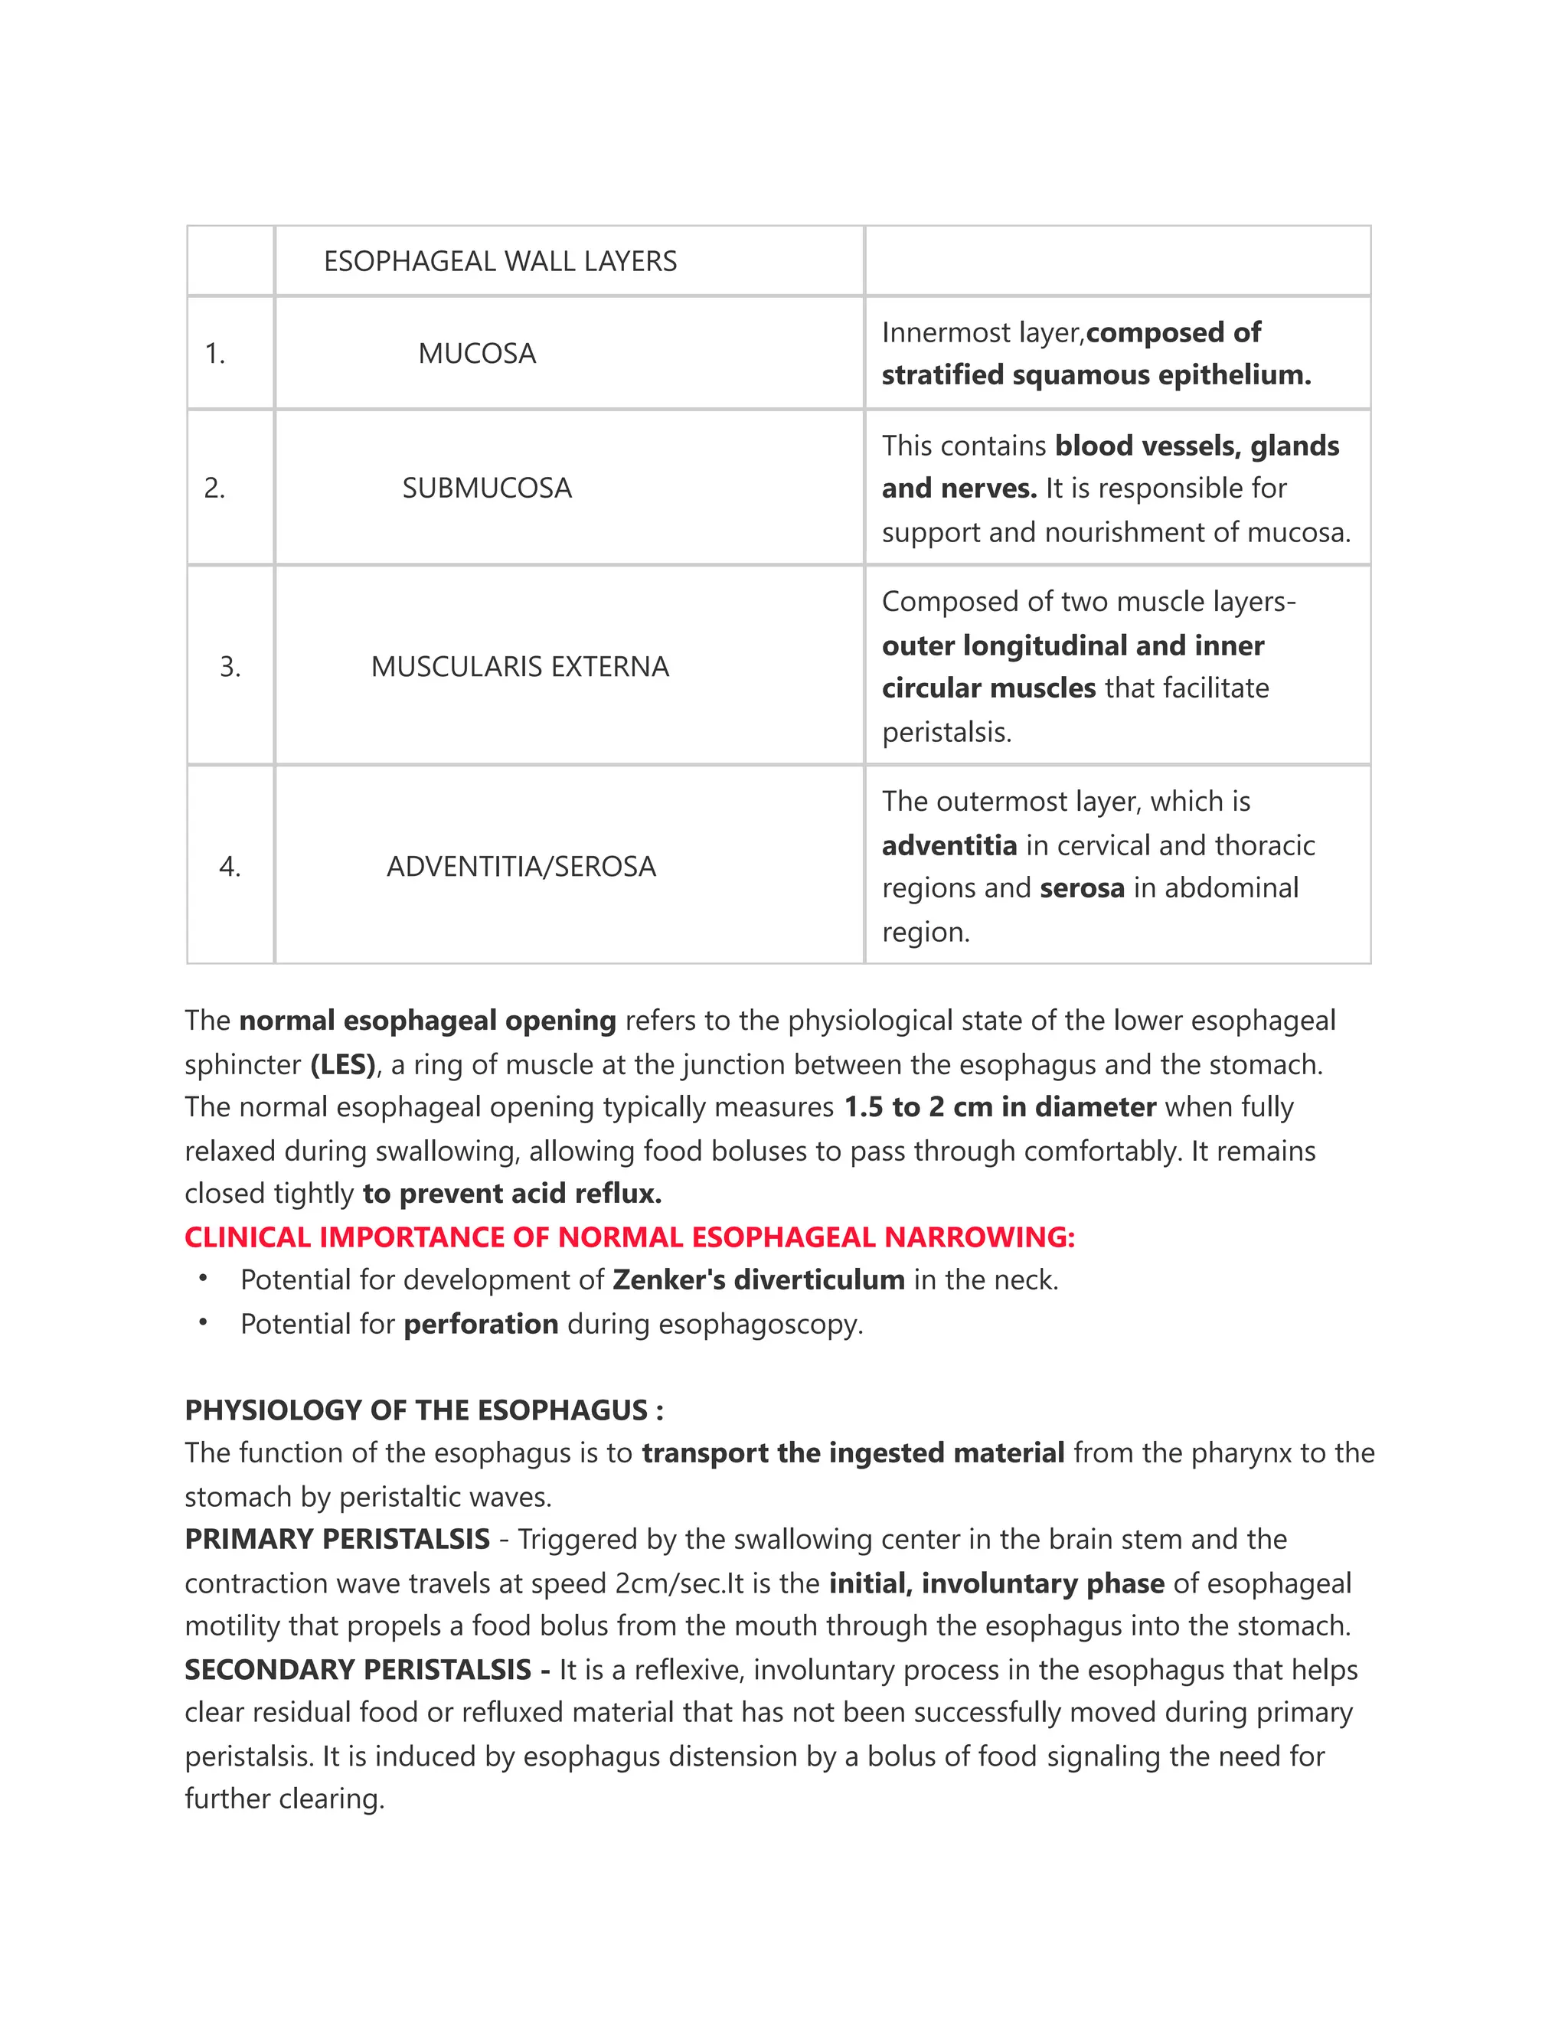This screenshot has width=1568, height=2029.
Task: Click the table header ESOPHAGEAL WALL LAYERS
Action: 500,261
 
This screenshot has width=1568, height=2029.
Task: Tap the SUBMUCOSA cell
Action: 487,488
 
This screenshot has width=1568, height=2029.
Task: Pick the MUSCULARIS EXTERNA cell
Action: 519,666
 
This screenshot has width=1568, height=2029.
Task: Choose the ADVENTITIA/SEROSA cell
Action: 521,866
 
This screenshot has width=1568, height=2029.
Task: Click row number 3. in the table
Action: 230,666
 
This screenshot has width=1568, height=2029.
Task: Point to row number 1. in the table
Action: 214,353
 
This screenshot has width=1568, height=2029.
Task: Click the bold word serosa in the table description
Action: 1081,888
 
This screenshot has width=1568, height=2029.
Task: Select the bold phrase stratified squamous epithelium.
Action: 1096,374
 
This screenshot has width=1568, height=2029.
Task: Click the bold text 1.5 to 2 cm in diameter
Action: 999,1106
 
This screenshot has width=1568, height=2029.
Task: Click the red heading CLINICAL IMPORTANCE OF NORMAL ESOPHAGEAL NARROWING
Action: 629,1237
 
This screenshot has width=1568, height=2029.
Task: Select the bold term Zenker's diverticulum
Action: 758,1279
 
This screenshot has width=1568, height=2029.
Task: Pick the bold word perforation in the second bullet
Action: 480,1323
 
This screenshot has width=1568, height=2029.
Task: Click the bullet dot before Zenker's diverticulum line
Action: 202,1279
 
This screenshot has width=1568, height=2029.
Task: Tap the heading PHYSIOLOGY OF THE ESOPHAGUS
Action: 423,1410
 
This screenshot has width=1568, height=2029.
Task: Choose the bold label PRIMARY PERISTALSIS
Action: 337,1538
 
